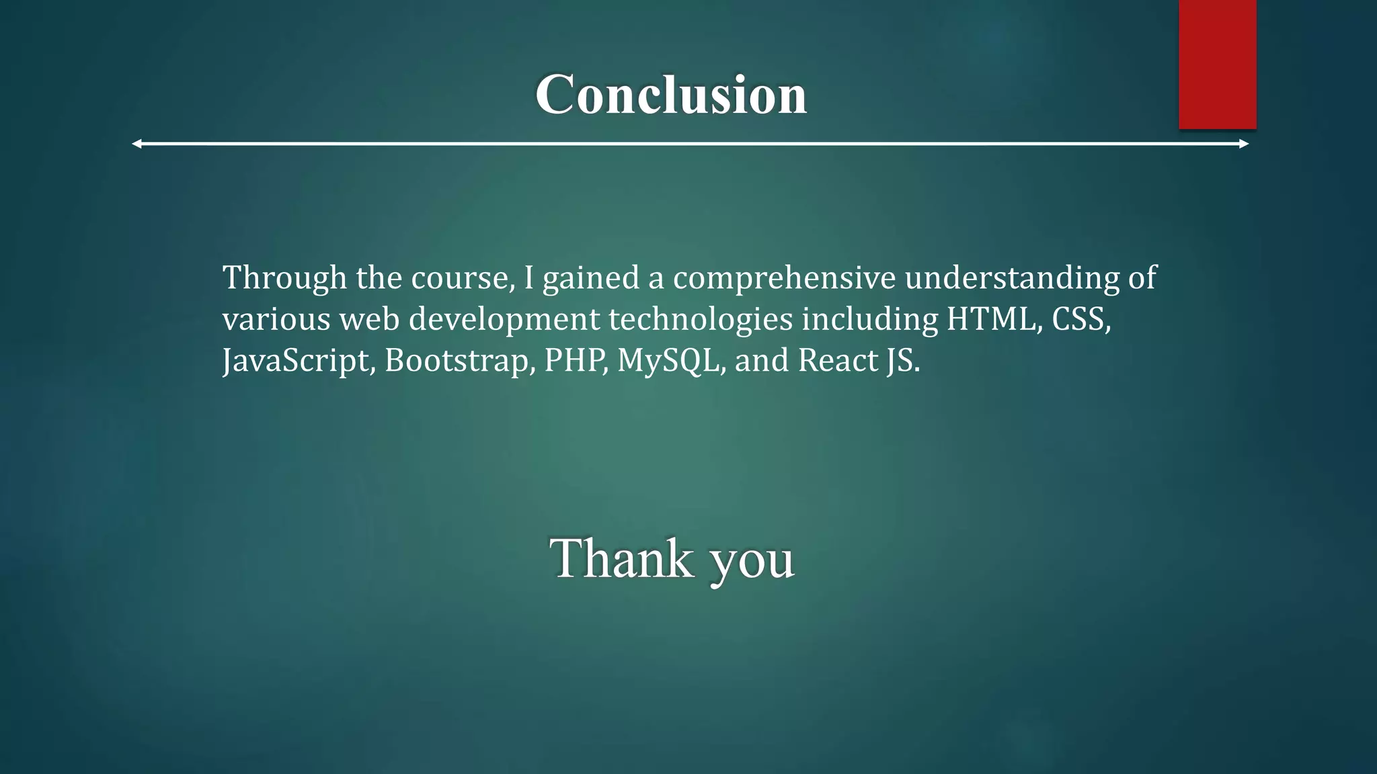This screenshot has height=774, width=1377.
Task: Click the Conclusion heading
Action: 671,95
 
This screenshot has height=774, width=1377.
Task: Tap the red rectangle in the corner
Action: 1217,64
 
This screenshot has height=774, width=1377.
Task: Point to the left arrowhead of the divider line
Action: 136,144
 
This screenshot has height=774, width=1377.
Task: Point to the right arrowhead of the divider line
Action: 1244,144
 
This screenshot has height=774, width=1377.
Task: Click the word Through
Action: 284,278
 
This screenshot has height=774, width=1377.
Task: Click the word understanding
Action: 1011,278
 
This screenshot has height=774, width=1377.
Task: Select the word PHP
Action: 573,360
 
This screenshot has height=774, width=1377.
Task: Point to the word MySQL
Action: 668,361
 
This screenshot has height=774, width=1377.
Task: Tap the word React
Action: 838,360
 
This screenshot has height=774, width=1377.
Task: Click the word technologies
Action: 701,320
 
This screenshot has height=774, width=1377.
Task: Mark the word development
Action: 504,320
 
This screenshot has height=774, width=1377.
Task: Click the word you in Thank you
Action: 752,561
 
